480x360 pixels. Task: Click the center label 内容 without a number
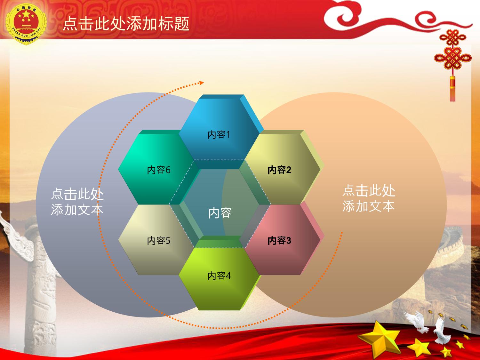tap(220, 213)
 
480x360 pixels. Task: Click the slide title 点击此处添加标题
tap(126, 23)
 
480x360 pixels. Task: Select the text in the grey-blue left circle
tap(77, 202)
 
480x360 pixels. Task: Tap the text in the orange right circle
tap(369, 198)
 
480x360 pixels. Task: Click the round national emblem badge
tap(26, 24)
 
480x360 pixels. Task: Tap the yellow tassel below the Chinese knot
tap(452, 89)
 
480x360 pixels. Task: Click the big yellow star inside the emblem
tap(26, 15)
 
